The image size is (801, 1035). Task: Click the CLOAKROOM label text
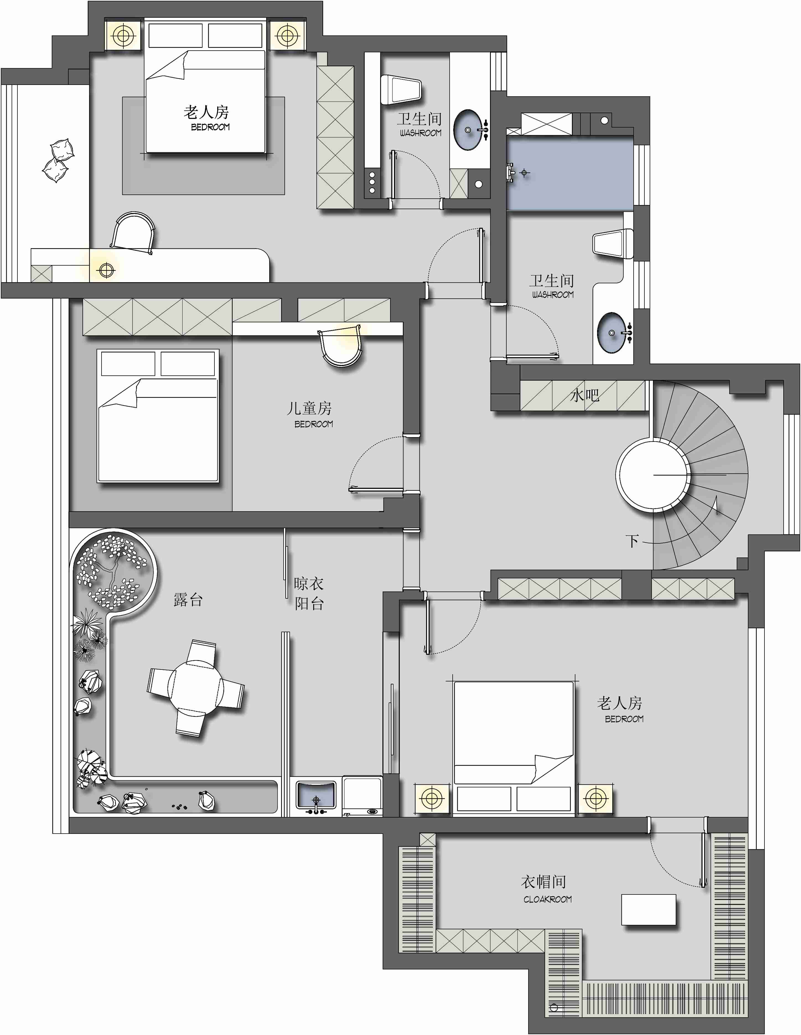tap(548, 899)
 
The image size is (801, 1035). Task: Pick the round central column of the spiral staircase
tap(653, 474)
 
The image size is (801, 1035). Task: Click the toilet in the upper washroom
tap(401, 90)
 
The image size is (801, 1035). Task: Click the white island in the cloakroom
tap(648, 909)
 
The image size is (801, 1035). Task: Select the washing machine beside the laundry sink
tap(362, 796)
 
